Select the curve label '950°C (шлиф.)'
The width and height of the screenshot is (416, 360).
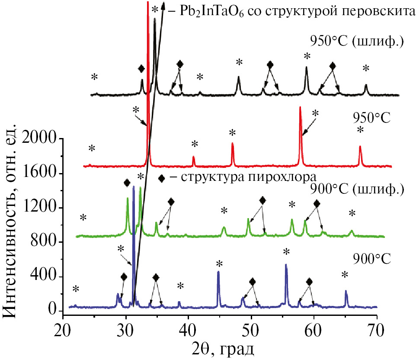[357, 42]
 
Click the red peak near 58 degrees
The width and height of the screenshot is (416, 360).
[300, 108]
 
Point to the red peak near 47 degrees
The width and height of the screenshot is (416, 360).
[233, 144]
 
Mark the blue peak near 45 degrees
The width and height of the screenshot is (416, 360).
[218, 272]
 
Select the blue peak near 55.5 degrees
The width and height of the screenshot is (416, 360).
[286, 265]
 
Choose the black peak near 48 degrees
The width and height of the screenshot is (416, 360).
[239, 77]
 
